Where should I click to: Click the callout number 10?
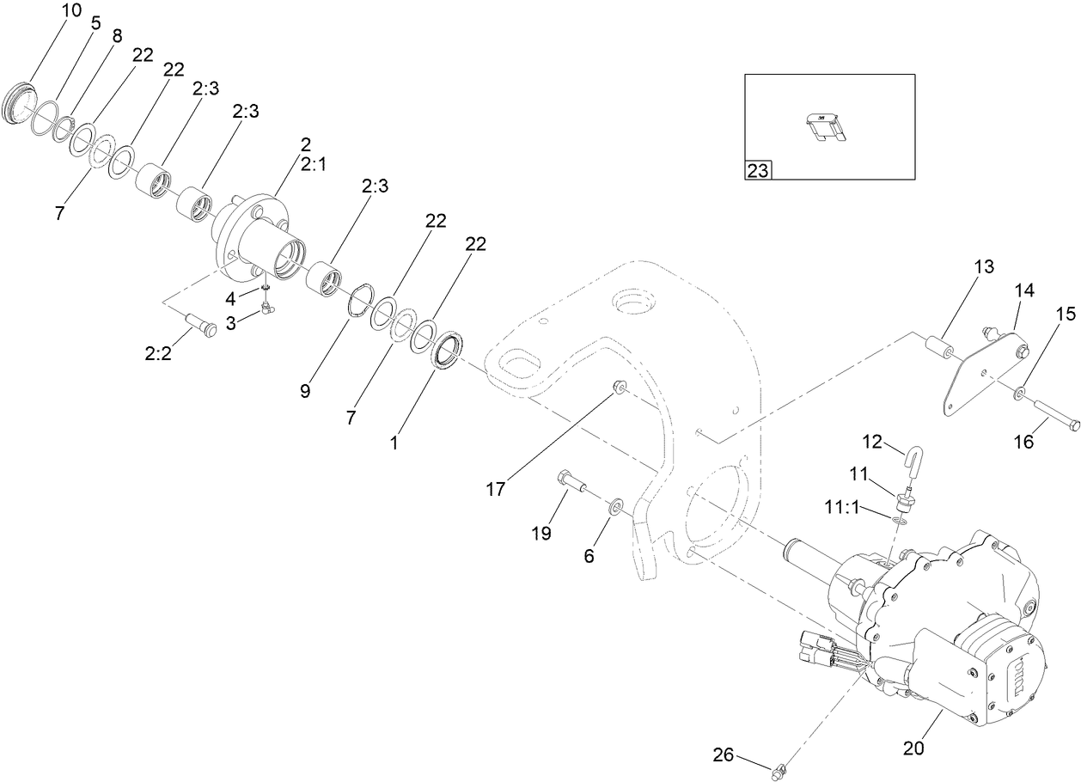[x=71, y=10]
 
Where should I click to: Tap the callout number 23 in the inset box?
[x=757, y=170]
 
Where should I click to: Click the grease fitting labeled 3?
[x=268, y=308]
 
